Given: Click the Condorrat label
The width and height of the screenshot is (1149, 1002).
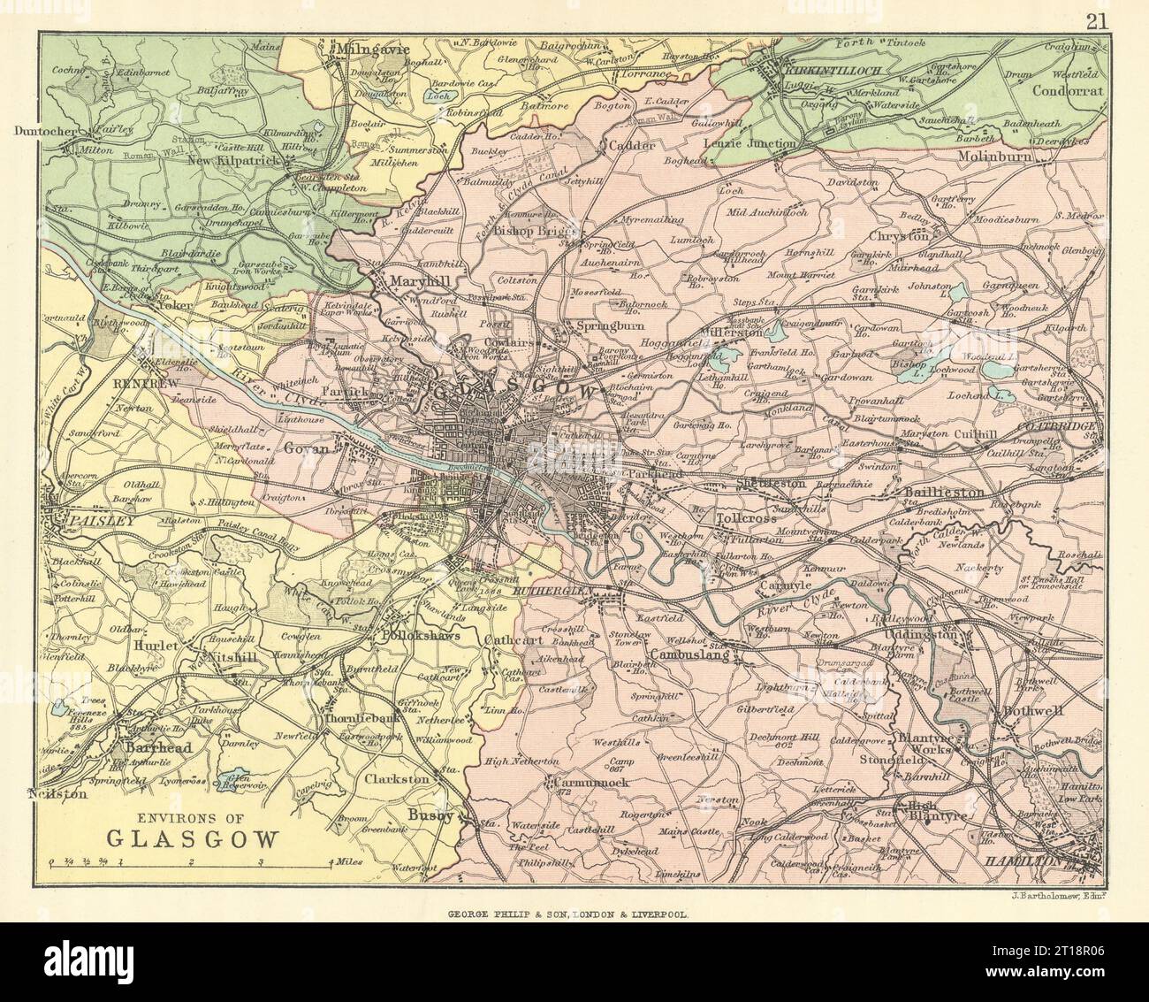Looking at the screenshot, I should click(1059, 88).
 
